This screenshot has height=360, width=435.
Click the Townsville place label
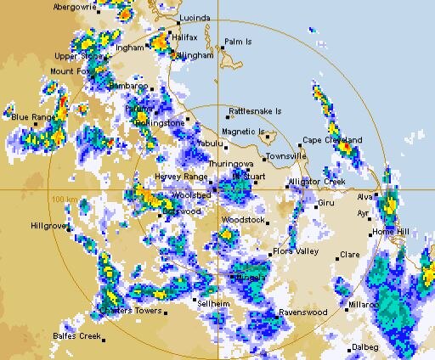pos(285,157)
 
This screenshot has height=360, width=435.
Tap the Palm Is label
pos(239,41)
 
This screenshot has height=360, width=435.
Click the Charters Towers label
pos(130,311)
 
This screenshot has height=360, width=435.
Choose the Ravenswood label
pos(304,312)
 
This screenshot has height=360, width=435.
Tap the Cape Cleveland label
pos(333,139)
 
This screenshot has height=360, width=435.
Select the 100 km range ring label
pos(60,199)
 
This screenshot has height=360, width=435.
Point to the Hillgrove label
pos(48,226)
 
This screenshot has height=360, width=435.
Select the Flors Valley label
pos(294,251)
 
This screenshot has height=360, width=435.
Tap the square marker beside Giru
pos(317,205)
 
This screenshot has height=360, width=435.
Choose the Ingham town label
pos(130,48)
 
